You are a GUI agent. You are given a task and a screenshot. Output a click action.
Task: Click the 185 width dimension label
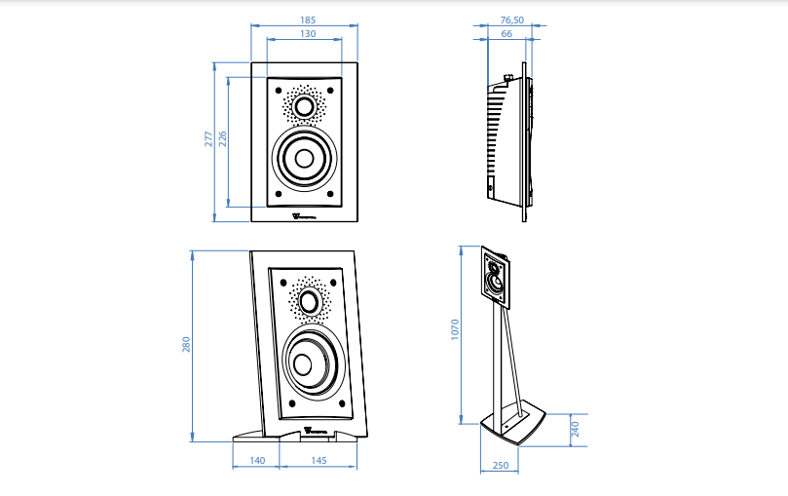[307, 19]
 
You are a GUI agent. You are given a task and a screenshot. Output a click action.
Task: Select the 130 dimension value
[307, 34]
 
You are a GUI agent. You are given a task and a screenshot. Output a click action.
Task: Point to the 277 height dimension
[207, 138]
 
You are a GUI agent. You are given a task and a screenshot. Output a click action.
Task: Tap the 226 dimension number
[222, 138]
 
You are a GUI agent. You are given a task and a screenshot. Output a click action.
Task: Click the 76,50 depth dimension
[512, 19]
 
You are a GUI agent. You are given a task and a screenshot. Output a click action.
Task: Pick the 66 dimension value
[507, 34]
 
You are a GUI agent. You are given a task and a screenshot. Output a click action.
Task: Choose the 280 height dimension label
[186, 345]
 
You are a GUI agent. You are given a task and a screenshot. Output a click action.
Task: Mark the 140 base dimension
[257, 459]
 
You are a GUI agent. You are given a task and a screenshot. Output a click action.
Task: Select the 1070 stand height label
[455, 331]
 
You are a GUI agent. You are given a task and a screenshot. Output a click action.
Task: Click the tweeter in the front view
[305, 106]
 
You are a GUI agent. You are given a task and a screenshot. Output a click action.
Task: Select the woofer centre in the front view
[305, 158]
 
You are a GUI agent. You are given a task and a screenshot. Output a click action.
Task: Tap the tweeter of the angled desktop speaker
[311, 301]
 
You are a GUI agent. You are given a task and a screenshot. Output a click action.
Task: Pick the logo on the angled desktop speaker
[315, 428]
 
